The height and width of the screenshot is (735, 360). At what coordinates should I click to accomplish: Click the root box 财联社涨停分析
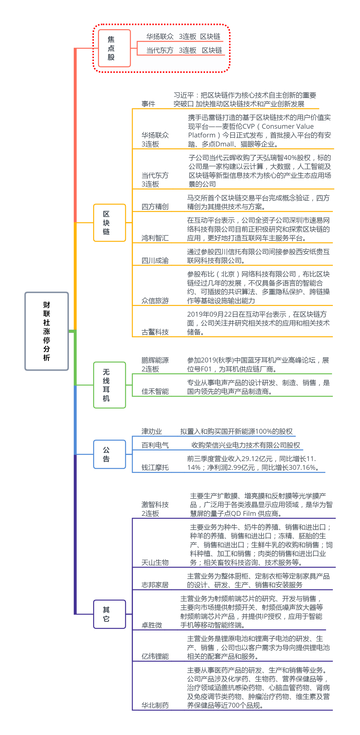[47, 331]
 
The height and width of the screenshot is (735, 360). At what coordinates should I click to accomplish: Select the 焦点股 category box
[114, 48]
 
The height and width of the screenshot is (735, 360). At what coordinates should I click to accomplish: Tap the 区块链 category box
[109, 223]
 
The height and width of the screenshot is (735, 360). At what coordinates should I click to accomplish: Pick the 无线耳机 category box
[109, 385]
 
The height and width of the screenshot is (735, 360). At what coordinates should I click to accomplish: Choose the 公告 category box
[109, 454]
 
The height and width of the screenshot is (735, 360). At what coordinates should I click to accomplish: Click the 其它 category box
[109, 614]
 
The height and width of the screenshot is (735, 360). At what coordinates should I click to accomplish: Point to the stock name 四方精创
[155, 207]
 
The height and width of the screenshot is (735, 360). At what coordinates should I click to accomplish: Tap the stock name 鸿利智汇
[155, 238]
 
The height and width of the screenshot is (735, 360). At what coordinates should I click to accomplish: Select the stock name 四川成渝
[155, 261]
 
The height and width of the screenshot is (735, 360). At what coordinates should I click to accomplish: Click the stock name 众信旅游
[155, 300]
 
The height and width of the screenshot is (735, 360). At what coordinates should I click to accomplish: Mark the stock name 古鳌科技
[155, 332]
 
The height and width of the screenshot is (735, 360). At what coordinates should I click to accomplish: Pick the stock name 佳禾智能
[155, 391]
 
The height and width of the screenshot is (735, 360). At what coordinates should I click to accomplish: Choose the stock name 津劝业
[152, 431]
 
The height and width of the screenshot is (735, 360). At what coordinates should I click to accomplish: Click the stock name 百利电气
[155, 445]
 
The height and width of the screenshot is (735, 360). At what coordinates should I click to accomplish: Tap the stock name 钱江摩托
[155, 467]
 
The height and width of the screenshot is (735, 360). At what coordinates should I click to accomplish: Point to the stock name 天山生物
[155, 562]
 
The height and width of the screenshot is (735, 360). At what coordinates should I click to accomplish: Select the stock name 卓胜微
[152, 625]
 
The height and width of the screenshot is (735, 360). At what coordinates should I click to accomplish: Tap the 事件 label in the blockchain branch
[148, 104]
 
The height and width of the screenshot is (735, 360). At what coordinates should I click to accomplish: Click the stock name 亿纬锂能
[155, 656]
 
